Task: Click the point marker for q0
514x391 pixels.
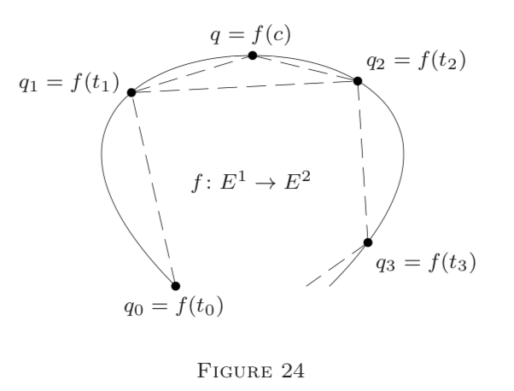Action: pyautogui.click(x=175, y=286)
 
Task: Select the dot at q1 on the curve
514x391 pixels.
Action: pyautogui.click(x=131, y=92)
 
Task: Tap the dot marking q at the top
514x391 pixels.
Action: pyautogui.click(x=253, y=55)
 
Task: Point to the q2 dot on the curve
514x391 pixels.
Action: pyautogui.click(x=358, y=81)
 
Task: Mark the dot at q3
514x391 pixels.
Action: pyautogui.click(x=368, y=242)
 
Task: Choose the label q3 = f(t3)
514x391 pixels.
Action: pyautogui.click(x=425, y=261)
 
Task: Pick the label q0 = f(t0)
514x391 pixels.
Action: pyautogui.click(x=172, y=306)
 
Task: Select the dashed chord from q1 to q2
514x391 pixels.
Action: pyautogui.click(x=245, y=86)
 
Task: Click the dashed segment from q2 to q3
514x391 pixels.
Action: pyautogui.click(x=363, y=162)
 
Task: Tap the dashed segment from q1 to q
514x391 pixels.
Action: pyautogui.click(x=192, y=74)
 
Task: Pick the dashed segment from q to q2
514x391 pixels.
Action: pyautogui.click(x=306, y=68)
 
